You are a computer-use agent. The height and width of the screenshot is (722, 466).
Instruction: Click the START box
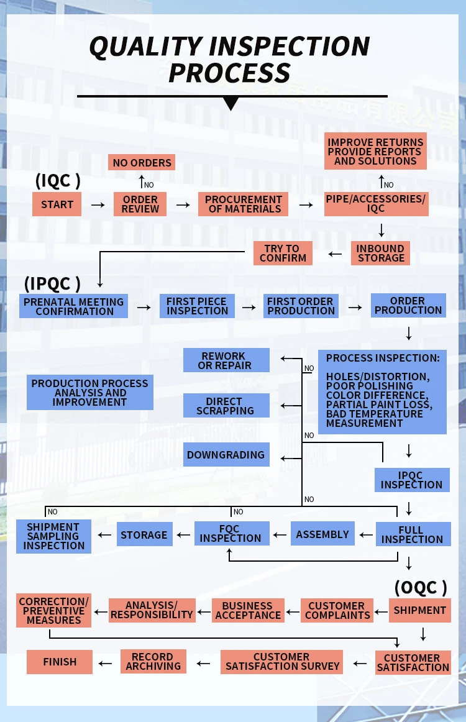[x=57, y=204]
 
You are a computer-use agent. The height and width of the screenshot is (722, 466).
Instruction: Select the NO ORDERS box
[x=142, y=163]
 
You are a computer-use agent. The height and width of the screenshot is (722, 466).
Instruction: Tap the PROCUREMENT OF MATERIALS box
[x=244, y=204]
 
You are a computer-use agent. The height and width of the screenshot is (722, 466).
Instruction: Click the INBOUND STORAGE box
[x=380, y=253]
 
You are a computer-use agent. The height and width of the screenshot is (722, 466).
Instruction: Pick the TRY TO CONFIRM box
[x=283, y=253]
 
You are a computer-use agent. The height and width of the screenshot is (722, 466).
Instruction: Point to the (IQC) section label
[x=58, y=181]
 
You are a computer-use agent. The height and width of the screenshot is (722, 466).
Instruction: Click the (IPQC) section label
[x=52, y=283]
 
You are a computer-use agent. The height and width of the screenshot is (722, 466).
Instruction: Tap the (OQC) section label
[x=421, y=587]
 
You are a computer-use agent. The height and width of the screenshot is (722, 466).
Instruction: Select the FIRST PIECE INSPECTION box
[x=197, y=306]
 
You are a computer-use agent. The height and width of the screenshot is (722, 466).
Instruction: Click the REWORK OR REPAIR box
[x=226, y=360]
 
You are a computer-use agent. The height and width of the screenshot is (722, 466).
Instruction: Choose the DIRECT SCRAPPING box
[x=226, y=406]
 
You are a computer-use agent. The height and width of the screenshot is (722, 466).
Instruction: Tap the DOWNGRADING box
[x=226, y=455]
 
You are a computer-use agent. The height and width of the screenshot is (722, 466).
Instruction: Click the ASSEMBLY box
[x=322, y=534]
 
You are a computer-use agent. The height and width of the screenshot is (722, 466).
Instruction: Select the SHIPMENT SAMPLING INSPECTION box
[x=53, y=536]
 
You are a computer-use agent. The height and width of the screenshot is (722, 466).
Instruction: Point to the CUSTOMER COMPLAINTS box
[x=337, y=610]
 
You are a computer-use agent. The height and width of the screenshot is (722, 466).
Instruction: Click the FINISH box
[x=60, y=662]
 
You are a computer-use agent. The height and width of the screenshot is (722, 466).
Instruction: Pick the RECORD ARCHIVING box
[x=153, y=661]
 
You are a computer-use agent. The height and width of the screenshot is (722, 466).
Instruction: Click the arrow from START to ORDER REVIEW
[x=98, y=204]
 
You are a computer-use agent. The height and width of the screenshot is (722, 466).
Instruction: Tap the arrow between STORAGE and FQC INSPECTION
[x=184, y=535]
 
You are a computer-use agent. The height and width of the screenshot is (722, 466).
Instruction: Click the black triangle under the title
[x=231, y=104]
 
